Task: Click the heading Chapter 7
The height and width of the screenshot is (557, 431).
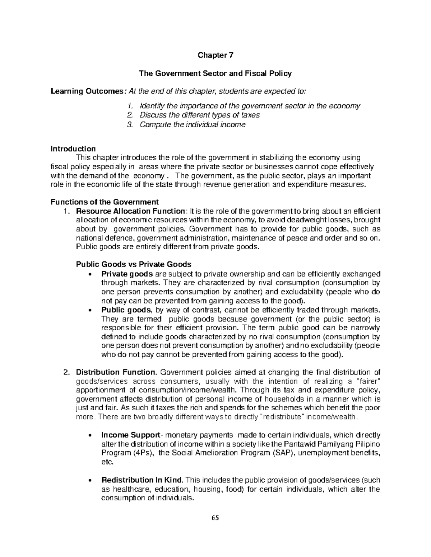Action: pos(215,55)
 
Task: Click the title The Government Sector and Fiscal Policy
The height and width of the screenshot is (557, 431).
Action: pos(215,74)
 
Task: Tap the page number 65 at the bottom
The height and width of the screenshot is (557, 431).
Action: pos(215,518)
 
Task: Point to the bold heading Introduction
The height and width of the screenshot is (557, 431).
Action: pos(73,148)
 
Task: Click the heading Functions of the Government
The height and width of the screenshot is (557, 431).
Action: pos(104,202)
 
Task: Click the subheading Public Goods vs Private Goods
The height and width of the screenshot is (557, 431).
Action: pos(134,264)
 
